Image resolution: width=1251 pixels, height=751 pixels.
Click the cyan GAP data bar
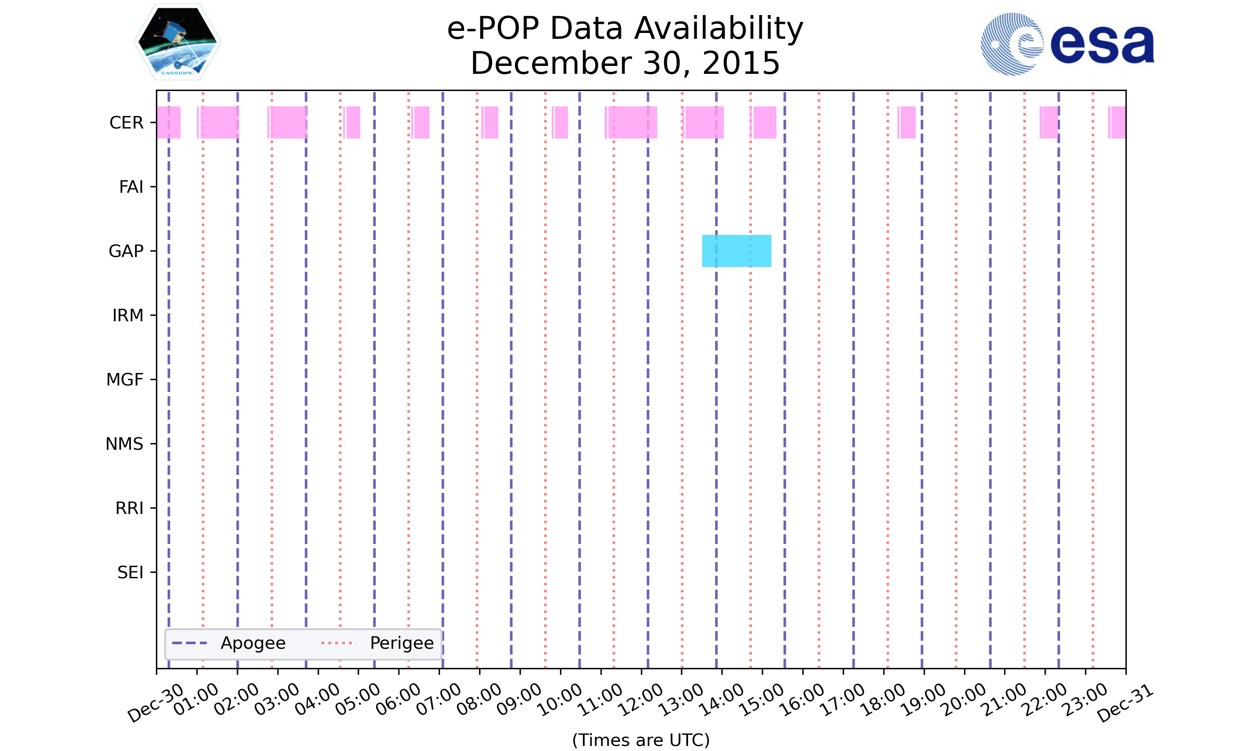(x=736, y=251)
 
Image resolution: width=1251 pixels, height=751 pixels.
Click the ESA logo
(x=1067, y=44)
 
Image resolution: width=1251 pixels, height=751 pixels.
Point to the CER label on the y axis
(x=126, y=123)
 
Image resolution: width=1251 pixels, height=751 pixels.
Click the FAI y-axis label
(x=131, y=187)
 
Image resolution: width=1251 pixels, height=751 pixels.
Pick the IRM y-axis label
(x=128, y=316)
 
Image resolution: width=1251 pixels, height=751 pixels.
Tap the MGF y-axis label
(x=124, y=380)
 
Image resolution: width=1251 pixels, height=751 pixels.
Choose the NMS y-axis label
(x=124, y=444)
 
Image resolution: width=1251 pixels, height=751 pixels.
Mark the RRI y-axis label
(x=129, y=508)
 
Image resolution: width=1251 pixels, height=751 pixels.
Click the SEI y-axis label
(x=130, y=573)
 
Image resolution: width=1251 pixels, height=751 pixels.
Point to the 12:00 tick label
(x=641, y=699)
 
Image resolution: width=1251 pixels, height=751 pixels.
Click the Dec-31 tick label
(x=1125, y=703)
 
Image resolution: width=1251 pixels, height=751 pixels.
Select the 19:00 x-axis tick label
(x=924, y=699)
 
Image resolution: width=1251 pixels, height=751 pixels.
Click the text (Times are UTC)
(x=641, y=740)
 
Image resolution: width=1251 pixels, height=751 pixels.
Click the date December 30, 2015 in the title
(x=625, y=63)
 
